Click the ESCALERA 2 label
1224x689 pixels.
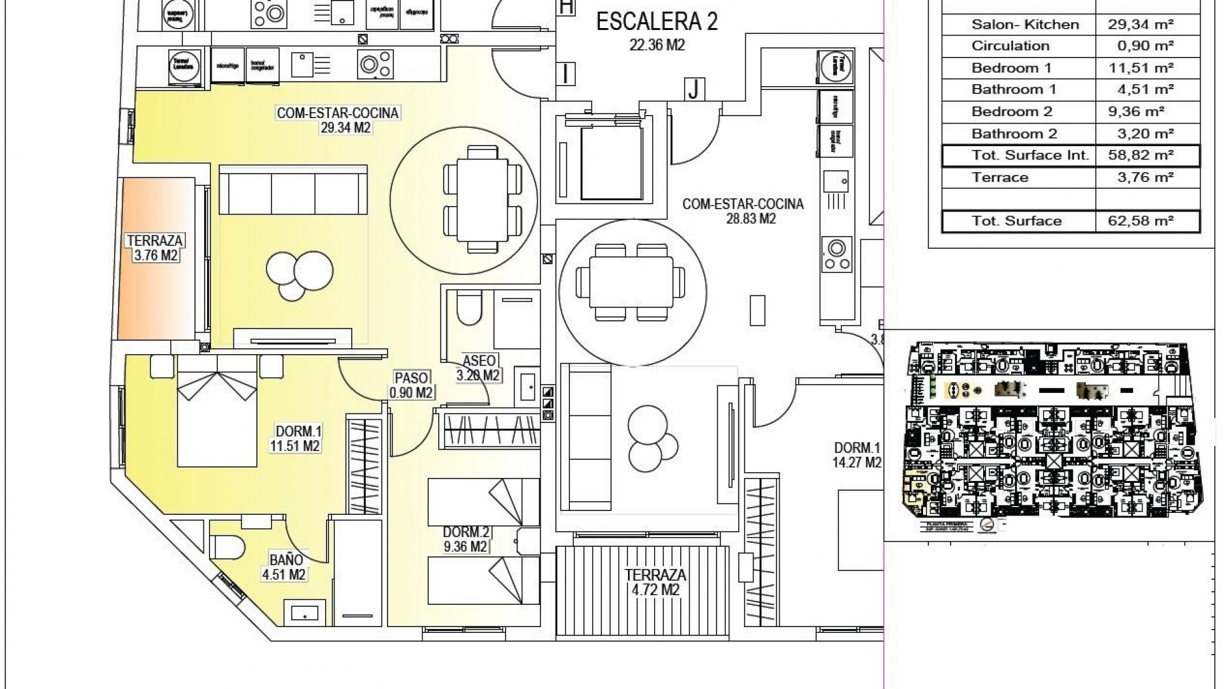tap(657, 22)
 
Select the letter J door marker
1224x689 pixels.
tap(694, 89)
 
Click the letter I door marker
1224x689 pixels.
tap(565, 74)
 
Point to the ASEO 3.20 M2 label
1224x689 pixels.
tap(479, 368)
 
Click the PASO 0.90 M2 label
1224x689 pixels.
tap(411, 385)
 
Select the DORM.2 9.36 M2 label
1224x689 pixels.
tap(465, 539)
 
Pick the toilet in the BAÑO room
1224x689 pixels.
tap(228, 547)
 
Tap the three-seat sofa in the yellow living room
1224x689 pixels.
tap(293, 190)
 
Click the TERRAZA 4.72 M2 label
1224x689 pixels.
tap(656, 582)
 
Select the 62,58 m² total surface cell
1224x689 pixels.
tap(1147, 221)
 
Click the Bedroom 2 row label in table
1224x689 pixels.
tap(1012, 112)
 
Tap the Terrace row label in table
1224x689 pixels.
tap(1000, 177)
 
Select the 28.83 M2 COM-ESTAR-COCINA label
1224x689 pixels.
tap(743, 211)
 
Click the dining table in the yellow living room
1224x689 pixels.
tap(483, 198)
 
